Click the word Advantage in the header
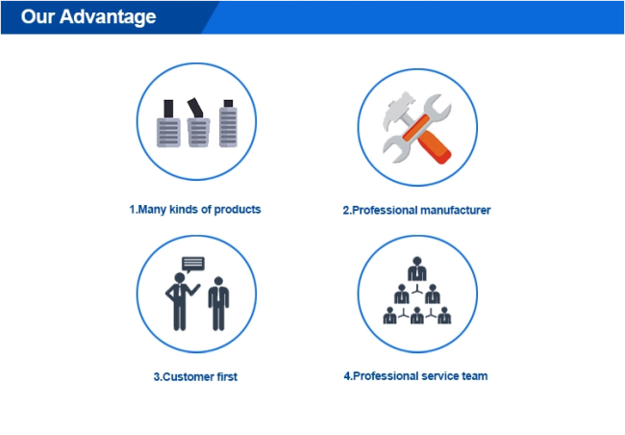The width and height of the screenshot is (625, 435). pos(108,17)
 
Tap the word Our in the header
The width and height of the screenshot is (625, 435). pos(37,16)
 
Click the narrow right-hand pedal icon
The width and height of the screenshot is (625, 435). pos(229,123)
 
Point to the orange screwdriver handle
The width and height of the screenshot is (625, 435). pos(435,146)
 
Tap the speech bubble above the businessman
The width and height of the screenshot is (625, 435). pos(193,265)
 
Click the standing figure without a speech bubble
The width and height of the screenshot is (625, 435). pos(218,304)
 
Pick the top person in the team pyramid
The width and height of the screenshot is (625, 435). pos(417,269)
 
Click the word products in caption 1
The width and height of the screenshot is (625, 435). pos(237,210)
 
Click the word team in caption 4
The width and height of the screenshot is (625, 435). pos(474,376)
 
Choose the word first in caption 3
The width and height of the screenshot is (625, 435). pos(227,376)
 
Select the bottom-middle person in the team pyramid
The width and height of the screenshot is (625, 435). pos(417,316)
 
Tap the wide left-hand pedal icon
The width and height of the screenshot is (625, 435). pos(168,123)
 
